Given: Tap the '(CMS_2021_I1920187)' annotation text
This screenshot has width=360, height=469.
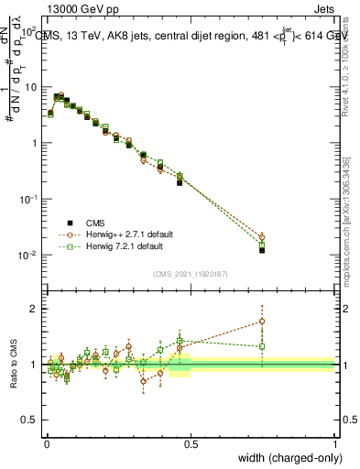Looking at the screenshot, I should click(x=190, y=273).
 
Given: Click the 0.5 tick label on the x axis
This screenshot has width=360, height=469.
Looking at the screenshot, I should click(x=191, y=443).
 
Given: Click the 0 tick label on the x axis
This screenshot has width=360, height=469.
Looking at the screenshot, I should click(x=47, y=443).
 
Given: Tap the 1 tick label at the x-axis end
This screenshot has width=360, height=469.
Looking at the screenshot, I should click(x=335, y=443).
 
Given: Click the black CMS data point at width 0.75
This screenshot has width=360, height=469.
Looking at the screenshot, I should click(x=262, y=249).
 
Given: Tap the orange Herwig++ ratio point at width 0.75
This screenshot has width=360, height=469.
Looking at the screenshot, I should click(x=262, y=321).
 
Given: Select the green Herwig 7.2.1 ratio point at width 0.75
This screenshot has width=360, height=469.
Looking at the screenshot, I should click(x=262, y=346).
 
